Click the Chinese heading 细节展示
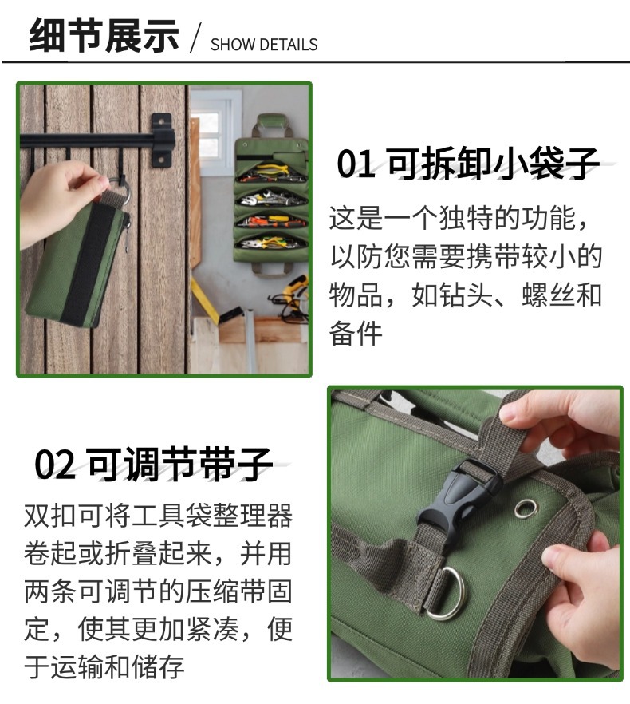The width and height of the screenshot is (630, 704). tap(104, 35)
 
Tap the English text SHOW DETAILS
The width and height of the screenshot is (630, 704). tap(264, 45)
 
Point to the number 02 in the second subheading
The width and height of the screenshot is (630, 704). tap(55, 465)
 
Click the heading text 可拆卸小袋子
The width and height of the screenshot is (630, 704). tap(493, 164)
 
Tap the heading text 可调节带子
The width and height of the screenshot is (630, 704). tap(179, 464)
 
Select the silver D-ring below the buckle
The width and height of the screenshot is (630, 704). tap(444, 594)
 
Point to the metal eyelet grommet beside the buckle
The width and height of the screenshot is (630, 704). tap(526, 508)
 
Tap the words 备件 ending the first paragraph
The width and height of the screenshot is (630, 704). tap(356, 334)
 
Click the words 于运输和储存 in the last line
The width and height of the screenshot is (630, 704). tap(104, 666)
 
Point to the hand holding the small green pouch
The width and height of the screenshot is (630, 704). tap(61, 200)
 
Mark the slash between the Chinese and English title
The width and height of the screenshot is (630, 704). tap(195, 38)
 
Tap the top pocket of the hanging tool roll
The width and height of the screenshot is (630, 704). tap(272, 172)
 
